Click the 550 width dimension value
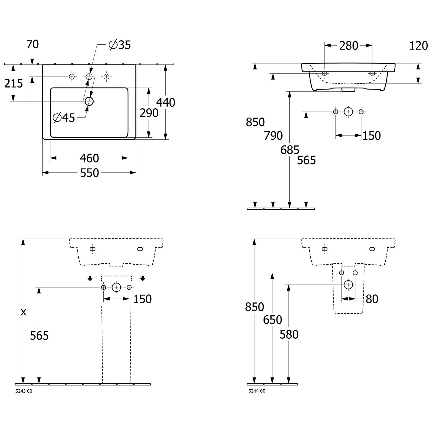pos(89,173)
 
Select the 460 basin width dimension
pos(89,158)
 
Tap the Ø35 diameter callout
pos(120,45)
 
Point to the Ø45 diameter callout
pos(64,118)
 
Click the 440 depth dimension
pos(166,103)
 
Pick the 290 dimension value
pos(149,113)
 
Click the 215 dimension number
pos(14,84)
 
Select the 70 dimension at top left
pos(32,44)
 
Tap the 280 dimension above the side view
pos(348,46)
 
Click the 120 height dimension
pos(418,46)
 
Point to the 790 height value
pos(273,136)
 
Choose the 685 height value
pos(290,150)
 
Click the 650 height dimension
pos(272,320)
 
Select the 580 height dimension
pos(289,334)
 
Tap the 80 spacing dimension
pos(372,299)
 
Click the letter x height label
pos(23,312)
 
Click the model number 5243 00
pos(24,391)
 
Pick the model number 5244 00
pos(257,391)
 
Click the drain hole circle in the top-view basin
pos(89,101)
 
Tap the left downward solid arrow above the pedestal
pos(90,278)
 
